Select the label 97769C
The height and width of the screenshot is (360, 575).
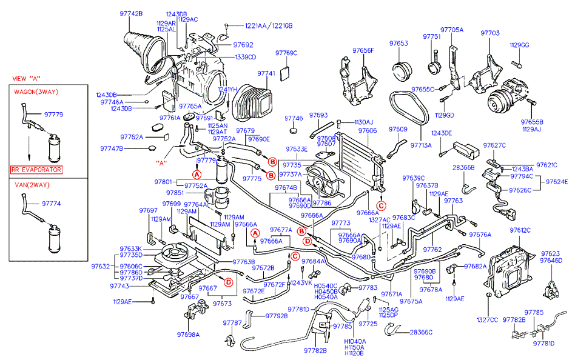click(x=287, y=53)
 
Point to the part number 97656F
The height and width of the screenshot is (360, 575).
click(x=363, y=50)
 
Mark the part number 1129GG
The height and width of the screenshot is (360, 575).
click(x=519, y=45)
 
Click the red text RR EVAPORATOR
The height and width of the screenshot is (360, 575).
click(x=37, y=170)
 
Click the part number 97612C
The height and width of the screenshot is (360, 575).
click(x=520, y=230)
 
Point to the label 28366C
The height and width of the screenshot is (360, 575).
click(x=422, y=332)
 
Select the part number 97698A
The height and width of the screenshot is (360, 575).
click(x=188, y=335)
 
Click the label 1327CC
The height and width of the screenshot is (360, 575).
click(x=486, y=319)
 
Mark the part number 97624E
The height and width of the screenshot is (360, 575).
click(x=557, y=181)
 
